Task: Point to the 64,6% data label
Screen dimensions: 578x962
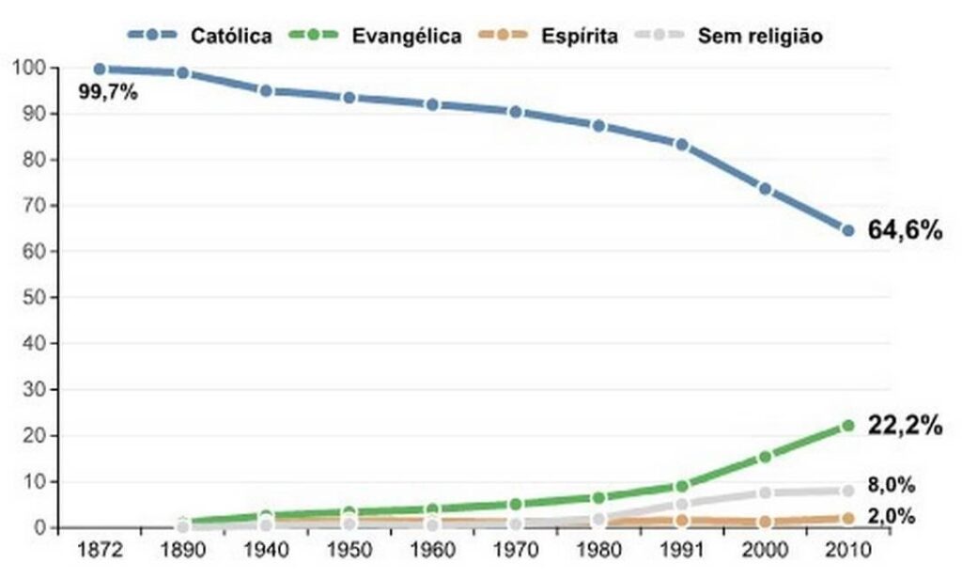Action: point(904,230)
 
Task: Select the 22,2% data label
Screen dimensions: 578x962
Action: point(904,426)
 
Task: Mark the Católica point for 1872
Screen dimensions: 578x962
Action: point(100,69)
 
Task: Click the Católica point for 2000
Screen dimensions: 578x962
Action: point(765,189)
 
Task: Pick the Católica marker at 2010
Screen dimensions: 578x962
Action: point(847,230)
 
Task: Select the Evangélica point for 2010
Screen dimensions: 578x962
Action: point(847,426)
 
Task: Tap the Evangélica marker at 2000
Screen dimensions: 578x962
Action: point(765,457)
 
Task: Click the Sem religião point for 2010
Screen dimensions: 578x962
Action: point(847,491)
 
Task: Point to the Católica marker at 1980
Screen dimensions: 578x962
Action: point(598,126)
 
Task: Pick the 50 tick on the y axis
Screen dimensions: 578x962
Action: point(36,298)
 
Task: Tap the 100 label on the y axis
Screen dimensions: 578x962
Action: point(30,68)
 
